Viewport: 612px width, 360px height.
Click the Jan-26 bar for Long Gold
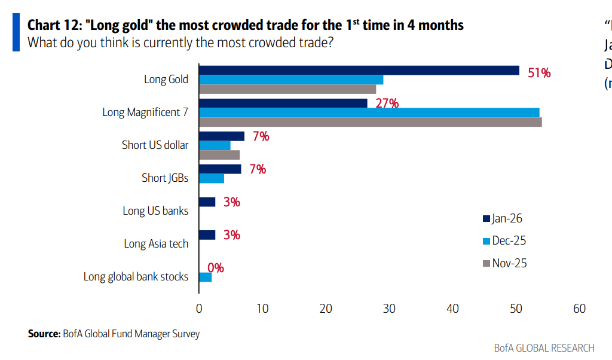click(x=359, y=71)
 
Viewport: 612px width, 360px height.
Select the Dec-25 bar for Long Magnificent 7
click(x=369, y=112)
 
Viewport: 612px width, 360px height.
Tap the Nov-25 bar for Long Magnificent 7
click(x=370, y=122)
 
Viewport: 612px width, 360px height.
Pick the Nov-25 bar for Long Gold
click(x=287, y=89)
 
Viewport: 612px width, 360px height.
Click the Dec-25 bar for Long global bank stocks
click(x=205, y=277)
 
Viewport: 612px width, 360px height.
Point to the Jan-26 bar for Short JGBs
click(x=220, y=169)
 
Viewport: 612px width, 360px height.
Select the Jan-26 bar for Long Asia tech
click(x=207, y=235)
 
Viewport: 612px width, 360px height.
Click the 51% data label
click(x=539, y=73)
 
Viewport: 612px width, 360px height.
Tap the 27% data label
click(x=387, y=103)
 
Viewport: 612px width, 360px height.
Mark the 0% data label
click(x=216, y=268)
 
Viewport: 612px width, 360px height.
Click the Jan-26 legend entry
click(x=504, y=218)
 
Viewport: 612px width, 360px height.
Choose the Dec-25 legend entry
click(x=504, y=240)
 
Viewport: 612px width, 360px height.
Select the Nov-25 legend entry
click(x=504, y=263)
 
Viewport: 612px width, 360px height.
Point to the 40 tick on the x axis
click(x=452, y=309)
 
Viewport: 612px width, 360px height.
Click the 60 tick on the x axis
click(x=579, y=309)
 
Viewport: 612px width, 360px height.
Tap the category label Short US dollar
click(x=155, y=145)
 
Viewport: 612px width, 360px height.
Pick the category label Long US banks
click(x=155, y=210)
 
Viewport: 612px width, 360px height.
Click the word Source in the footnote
click(x=44, y=334)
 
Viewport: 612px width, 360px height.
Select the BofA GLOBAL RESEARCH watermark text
click(x=544, y=348)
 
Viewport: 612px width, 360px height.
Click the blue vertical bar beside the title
click(x=16, y=33)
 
